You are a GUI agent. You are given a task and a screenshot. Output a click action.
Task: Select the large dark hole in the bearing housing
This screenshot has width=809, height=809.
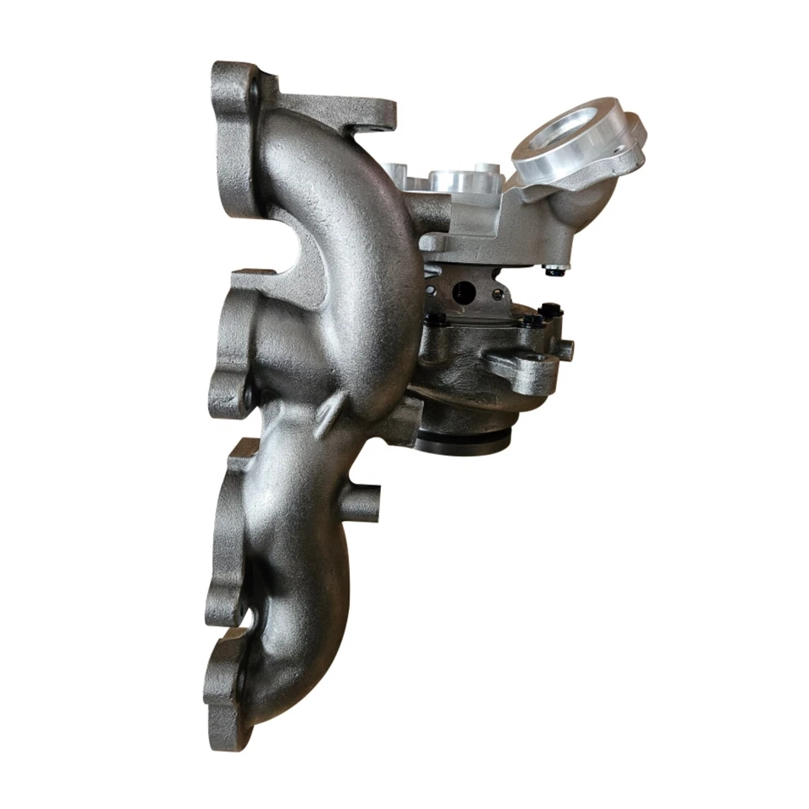463,292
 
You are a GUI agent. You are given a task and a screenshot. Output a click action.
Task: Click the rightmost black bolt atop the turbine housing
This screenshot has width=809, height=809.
551,309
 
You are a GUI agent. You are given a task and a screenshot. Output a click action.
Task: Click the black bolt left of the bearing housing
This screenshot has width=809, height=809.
437,319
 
